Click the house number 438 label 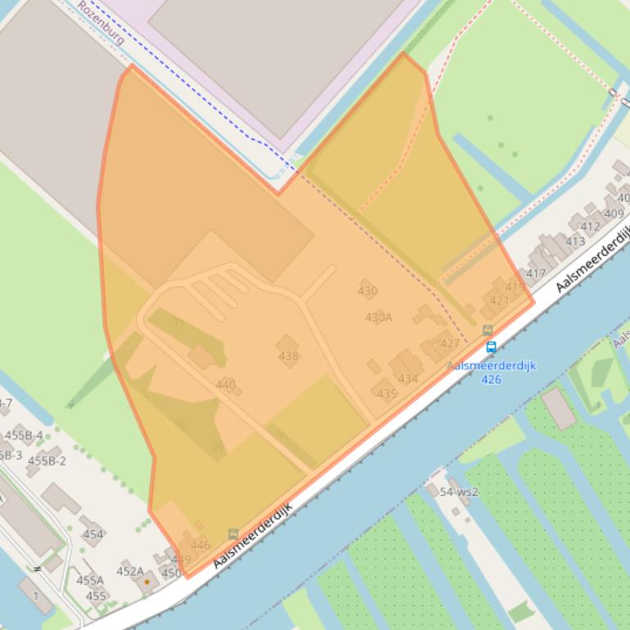pos(288,356)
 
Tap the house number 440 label pos(225,385)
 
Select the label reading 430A pos(378,317)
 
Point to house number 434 pos(408,378)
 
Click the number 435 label pos(387,394)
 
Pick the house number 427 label pos(450,344)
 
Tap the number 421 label pos(499,300)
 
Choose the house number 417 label pos(536,273)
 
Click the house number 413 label pos(575,241)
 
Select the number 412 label pos(590,227)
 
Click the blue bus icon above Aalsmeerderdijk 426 pos(491,347)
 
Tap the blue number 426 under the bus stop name pos(491,379)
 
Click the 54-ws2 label pos(459,492)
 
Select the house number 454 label pos(93,534)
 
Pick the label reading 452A pos(129,571)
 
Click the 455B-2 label pos(47,461)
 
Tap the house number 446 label pos(200,545)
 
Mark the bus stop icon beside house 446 pos(233,534)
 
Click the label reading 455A pos(90,580)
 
